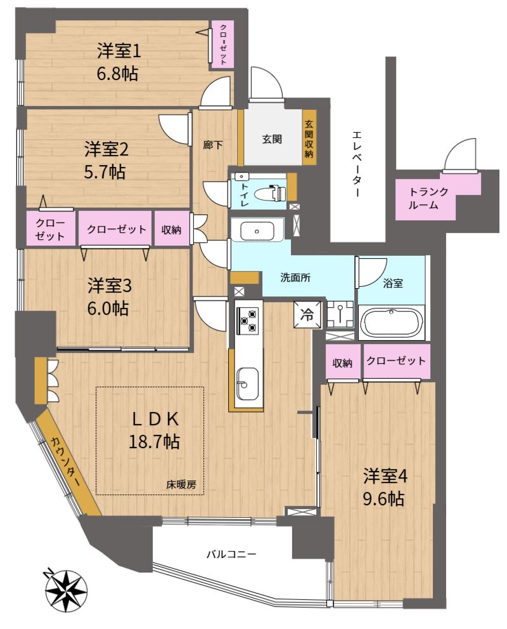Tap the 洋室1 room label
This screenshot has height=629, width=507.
tap(119, 52)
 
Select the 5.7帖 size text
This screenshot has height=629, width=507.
tap(105, 172)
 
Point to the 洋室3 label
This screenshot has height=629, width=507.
tap(109, 286)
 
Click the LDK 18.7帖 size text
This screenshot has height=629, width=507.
tap(154, 441)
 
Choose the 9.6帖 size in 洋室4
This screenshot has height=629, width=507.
tap(383, 499)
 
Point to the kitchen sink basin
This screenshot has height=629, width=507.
tap(247, 384)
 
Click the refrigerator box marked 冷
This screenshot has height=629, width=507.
tap(307, 315)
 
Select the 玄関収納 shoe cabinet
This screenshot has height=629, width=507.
tap(309, 137)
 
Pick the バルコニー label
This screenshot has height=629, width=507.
tap(231, 555)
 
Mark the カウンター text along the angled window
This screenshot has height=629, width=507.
tap(65, 461)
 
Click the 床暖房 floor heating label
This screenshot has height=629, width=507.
tap(181, 484)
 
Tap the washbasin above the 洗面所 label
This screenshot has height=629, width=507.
tap(257, 230)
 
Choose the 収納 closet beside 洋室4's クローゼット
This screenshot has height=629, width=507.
tap(342, 362)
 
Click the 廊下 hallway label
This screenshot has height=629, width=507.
tap(212, 145)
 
